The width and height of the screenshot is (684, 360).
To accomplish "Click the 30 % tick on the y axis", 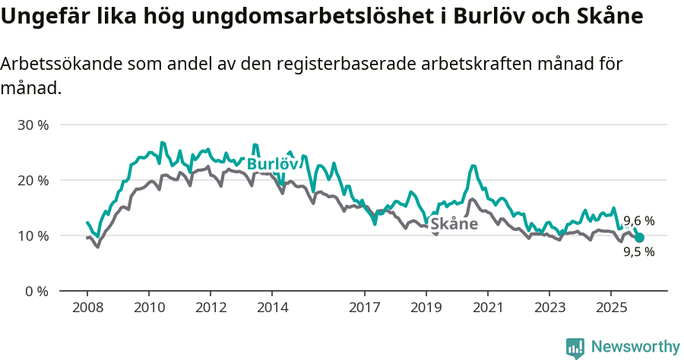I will pos(33,125).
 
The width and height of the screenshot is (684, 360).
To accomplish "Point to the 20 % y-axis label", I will pos(33,180).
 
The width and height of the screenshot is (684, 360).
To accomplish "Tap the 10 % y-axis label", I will pos(33,235).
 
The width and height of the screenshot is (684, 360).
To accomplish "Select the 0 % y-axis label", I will pos(36,291).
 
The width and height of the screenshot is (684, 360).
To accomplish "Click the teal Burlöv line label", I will pos(271,164).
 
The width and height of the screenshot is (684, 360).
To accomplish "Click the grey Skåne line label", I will pos(454,224).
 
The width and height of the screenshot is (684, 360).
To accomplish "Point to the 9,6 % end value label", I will pos(638,221).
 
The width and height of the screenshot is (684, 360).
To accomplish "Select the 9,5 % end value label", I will pos(638,252).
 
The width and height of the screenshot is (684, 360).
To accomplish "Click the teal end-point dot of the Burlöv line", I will pos(639,238).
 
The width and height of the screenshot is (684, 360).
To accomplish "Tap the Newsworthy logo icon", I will pos(575,347).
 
